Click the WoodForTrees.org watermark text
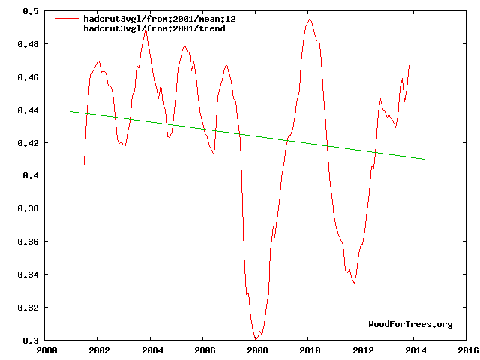[410, 324]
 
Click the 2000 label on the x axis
[46, 349]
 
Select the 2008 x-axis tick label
[256, 349]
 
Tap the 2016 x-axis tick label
[466, 349]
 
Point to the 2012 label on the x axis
[361, 349]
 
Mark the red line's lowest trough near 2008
[256, 339]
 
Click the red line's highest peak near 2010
[309, 19]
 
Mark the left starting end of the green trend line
[71, 111]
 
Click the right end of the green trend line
[425, 160]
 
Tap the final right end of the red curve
[409, 65]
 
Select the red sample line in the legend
[67, 18]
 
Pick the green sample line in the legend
[67, 28]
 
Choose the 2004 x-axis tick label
[151, 349]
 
